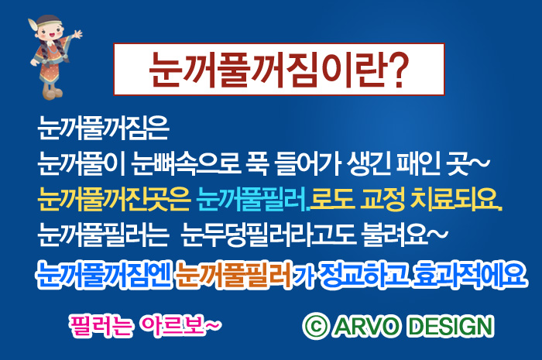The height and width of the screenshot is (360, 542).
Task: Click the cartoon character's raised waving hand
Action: [x=77, y=35]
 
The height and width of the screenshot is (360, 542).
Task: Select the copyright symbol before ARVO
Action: [x=315, y=326]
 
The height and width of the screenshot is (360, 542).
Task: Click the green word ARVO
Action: [x=366, y=326]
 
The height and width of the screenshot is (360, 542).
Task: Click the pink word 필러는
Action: [x=101, y=325]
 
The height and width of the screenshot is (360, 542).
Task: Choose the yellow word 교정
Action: [x=382, y=199]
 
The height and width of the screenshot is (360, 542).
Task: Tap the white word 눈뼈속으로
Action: [x=187, y=163]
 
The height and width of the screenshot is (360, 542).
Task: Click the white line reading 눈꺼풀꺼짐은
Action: [x=103, y=128]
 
